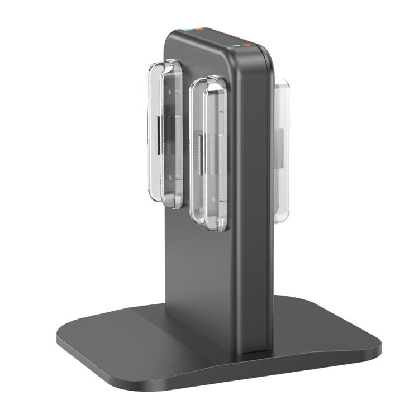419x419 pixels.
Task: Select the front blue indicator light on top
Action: pos(235,45)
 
